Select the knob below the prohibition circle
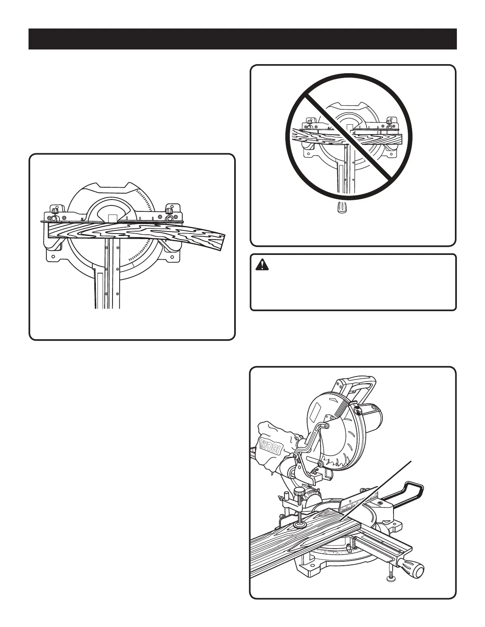(340, 208)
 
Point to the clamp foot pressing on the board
(300, 525)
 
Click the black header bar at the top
(242, 39)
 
